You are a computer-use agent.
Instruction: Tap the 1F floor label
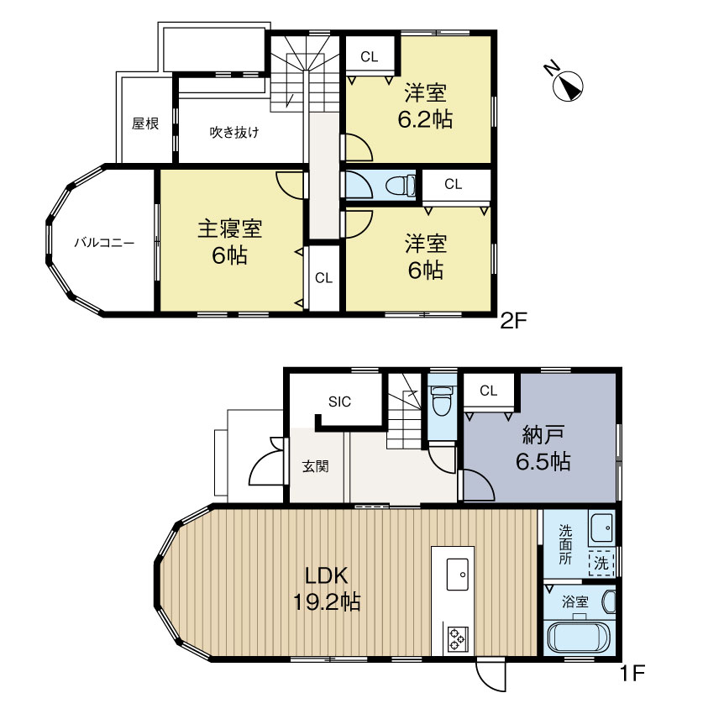[632, 672]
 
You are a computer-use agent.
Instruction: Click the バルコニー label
[104, 241]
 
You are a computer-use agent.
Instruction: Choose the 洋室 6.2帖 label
[425, 106]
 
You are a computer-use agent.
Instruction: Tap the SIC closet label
[339, 402]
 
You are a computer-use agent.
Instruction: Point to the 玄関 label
[315, 465]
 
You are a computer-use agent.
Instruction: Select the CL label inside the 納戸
[489, 390]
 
